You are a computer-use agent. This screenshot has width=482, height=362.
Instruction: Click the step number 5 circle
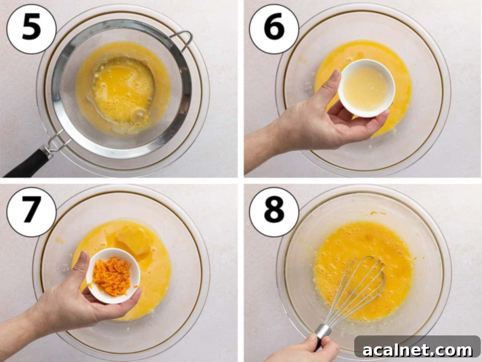coord(31,29)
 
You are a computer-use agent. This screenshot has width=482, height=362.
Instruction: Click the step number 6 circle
coord(274,29)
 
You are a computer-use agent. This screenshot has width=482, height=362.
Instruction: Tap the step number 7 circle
coord(31,212)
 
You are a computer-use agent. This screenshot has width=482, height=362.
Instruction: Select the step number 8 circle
coord(274,212)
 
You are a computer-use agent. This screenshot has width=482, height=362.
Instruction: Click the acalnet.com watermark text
coord(418,350)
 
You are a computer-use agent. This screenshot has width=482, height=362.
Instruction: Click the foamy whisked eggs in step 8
coord(353,249)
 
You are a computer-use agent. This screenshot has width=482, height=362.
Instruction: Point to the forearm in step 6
coord(261,147)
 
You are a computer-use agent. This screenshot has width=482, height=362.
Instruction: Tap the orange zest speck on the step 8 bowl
coord(378,213)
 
